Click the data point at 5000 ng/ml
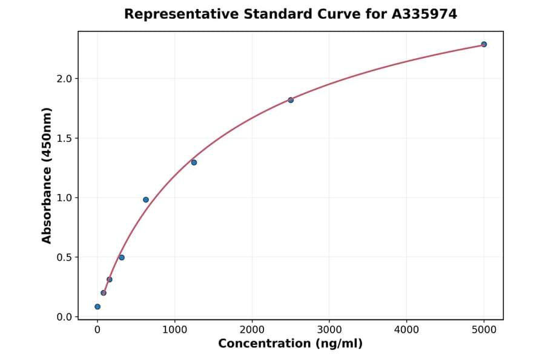tap(484, 44)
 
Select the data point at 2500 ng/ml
tap(291, 100)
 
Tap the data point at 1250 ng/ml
tap(194, 162)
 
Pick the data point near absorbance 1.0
tap(146, 199)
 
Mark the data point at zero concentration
tap(97, 307)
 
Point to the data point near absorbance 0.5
tap(122, 258)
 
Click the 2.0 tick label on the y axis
tap(65, 79)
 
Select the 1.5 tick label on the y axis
tap(65, 138)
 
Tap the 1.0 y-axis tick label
tap(65, 198)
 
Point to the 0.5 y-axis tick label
tap(65, 257)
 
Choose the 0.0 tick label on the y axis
tap(65, 317)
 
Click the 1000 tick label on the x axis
tap(174, 330)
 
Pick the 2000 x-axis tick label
tap(252, 330)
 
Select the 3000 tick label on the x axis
tap(329, 330)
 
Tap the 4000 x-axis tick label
tap(406, 330)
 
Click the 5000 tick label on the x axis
tap(484, 330)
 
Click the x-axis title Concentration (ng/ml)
tap(290, 344)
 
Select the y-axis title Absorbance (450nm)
tap(47, 175)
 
